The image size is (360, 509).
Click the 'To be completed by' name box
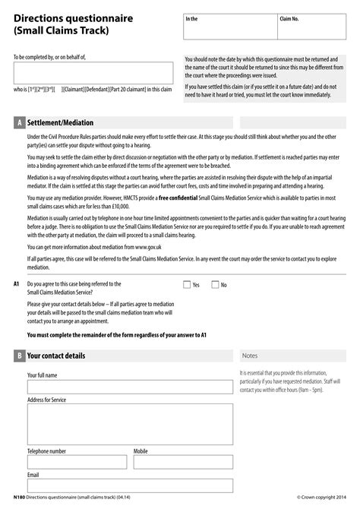[93, 73]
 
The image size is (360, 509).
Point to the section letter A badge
[19, 122]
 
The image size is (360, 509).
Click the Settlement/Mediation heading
[60, 122]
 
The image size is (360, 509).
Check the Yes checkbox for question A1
[187, 285]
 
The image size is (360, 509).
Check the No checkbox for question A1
[215, 285]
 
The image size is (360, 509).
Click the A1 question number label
[17, 284]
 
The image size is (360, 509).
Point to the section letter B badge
[19, 356]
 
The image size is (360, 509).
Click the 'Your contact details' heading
[56, 356]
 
